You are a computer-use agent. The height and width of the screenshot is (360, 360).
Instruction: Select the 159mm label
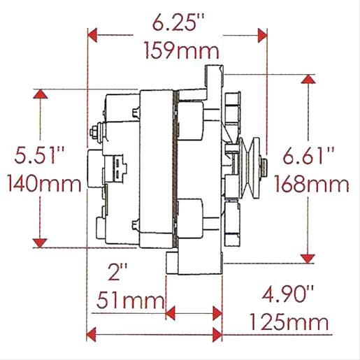click(180, 50)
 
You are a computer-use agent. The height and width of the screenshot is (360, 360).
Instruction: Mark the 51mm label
click(127, 302)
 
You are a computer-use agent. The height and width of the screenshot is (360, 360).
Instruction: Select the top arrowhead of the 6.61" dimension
click(307, 80)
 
